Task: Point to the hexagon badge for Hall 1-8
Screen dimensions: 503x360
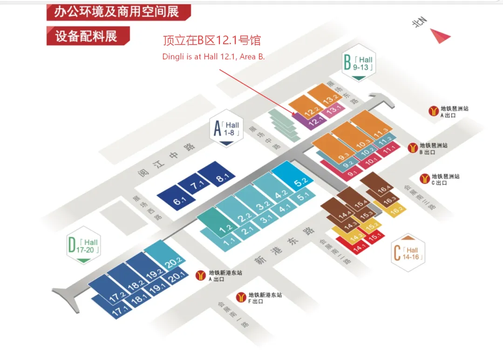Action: click(227, 129)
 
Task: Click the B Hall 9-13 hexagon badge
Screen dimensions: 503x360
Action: click(358, 64)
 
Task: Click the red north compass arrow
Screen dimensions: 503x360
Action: click(439, 36)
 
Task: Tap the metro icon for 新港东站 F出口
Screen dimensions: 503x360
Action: click(241, 297)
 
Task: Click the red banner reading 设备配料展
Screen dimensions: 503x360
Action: click(88, 36)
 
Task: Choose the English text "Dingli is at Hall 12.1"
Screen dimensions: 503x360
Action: click(213, 57)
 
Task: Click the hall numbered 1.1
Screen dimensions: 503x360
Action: click(228, 242)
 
